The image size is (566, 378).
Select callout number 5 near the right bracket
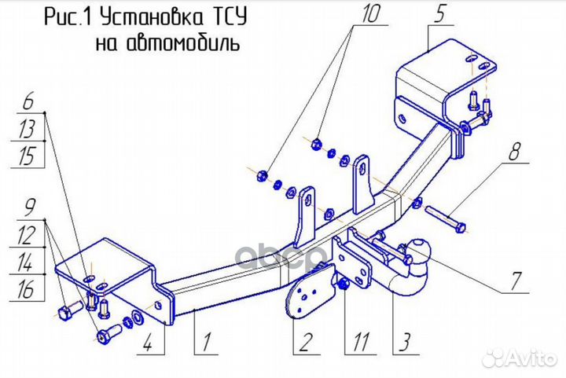(439, 13)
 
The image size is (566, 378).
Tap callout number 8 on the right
(515, 152)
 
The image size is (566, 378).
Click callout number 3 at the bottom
(402, 343)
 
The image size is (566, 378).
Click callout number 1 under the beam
(205, 343)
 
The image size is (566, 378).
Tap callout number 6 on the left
(28, 101)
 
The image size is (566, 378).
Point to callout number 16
(28, 289)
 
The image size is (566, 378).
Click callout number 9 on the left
(29, 208)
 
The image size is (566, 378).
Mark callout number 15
(28, 156)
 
